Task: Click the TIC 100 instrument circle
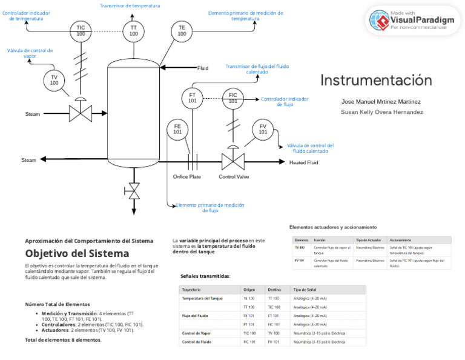(x=81, y=31)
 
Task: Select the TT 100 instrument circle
(x=133, y=31)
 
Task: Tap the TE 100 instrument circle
(x=182, y=31)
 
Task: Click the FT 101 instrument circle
(x=192, y=98)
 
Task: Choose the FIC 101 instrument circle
(x=232, y=98)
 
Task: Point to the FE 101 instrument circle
(x=177, y=129)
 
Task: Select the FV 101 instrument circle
(x=263, y=129)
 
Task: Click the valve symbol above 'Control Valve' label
(x=232, y=161)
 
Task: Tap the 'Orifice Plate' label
(x=187, y=177)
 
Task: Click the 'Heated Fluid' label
(x=303, y=162)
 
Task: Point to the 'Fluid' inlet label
(x=203, y=68)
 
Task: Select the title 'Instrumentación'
(x=376, y=81)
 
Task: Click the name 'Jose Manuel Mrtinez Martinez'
(x=381, y=102)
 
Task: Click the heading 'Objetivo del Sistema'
(x=77, y=253)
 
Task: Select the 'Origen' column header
(x=249, y=290)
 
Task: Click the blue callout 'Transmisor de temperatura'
(x=130, y=5)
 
